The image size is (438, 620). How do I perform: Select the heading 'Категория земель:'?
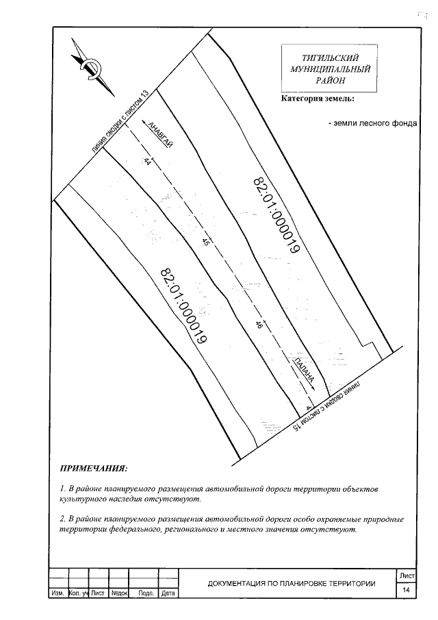tap(318, 99)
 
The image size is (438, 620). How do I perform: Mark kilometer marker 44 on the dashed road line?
tap(147, 162)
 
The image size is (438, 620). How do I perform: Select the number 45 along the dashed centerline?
tap(206, 243)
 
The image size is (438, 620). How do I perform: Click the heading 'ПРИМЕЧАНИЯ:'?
tap(94, 470)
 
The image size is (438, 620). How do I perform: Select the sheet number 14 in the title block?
tap(406, 589)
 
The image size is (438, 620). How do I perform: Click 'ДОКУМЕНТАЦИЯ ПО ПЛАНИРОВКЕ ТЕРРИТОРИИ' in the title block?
tap(292, 584)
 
